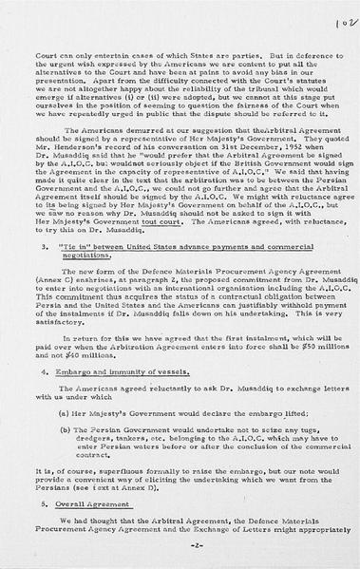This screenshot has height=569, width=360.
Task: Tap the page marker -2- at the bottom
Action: point(180,549)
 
